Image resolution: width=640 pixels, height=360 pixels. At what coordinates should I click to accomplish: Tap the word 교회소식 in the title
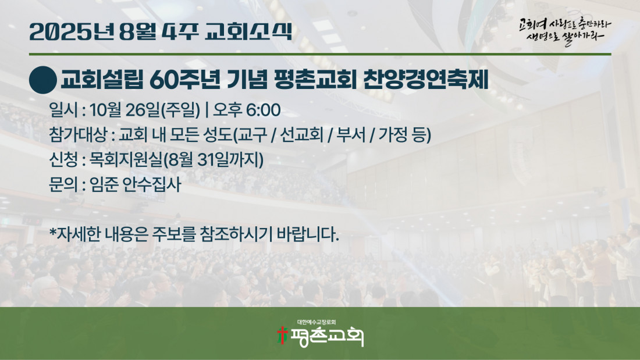pos(248,31)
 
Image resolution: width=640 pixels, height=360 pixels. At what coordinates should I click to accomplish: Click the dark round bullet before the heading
pos(43,80)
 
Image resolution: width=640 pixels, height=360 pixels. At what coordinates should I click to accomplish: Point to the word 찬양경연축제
pos(425,80)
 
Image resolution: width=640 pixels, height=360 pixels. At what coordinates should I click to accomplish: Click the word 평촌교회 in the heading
pos(314,80)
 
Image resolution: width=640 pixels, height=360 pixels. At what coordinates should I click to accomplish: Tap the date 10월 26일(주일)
pos(145,110)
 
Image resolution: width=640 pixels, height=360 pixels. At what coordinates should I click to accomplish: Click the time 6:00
pos(263,110)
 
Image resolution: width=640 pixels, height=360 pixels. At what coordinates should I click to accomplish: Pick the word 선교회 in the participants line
pos(302,135)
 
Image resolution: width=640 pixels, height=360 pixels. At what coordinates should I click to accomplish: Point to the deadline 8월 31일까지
pos(213,159)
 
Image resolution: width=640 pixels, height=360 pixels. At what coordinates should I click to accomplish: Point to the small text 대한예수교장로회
pos(317,322)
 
